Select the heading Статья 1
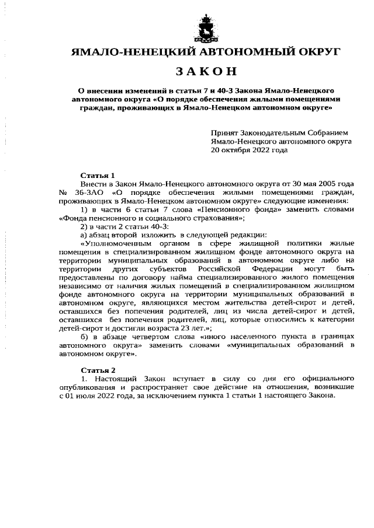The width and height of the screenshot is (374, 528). (98, 175)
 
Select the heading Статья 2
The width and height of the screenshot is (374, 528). (98, 370)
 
